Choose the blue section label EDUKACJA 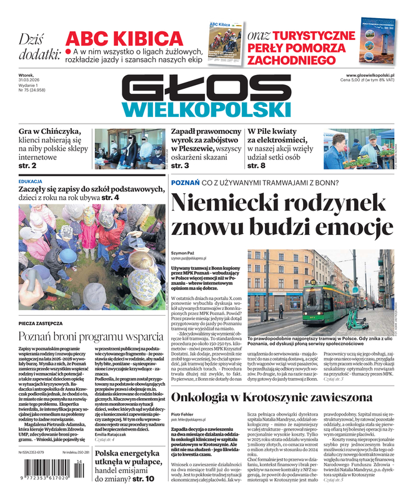coord(31,181)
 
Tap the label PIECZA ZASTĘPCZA coord(41,323)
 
